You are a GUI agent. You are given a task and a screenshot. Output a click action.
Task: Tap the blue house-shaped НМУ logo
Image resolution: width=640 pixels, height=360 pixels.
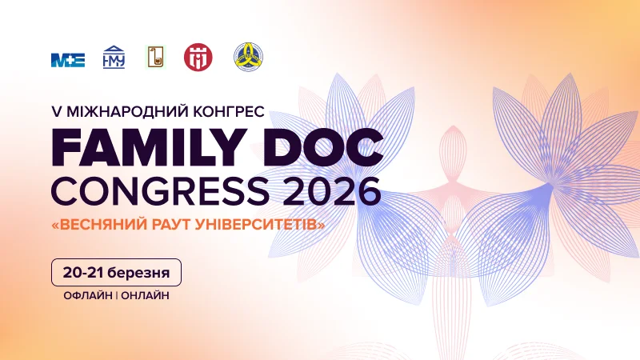pos(114,57)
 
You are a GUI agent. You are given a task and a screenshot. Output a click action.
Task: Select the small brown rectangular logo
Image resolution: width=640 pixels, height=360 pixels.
pos(155,57)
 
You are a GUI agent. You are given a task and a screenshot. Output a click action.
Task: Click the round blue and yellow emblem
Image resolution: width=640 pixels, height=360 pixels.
pos(247,57)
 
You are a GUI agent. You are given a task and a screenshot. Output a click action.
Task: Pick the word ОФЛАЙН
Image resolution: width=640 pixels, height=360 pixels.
pos(86,295)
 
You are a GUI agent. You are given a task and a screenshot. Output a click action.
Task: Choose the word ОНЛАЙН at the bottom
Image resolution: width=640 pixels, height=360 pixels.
pos(145,295)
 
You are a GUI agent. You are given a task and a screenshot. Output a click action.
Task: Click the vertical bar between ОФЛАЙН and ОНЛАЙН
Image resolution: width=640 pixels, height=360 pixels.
pos(116,295)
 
